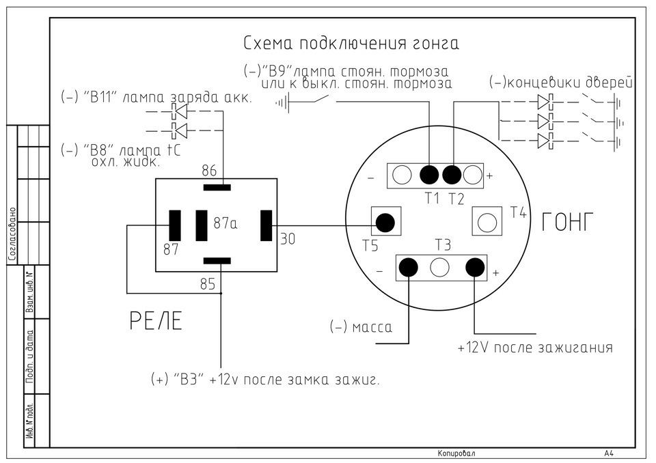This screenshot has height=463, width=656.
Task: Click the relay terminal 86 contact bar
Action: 217,187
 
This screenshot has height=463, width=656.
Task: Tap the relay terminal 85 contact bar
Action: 217,261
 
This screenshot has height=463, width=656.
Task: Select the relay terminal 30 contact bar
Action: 266,226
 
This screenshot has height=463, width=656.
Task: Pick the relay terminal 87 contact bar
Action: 174,226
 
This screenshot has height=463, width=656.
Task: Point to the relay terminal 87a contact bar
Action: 202,226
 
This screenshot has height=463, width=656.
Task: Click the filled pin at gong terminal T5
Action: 385,222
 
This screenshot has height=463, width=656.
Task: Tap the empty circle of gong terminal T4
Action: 487,222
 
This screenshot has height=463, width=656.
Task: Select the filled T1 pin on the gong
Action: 429,175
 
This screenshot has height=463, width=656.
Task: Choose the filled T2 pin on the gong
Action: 452,175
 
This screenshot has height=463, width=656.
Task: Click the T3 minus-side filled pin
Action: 409,267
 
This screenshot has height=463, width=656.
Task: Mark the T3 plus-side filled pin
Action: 475,267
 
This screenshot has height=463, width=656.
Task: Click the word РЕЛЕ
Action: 156,321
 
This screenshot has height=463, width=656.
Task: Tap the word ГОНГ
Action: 568,222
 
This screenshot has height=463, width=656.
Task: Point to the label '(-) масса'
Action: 361,326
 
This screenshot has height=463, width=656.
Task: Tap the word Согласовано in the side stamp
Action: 12,235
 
